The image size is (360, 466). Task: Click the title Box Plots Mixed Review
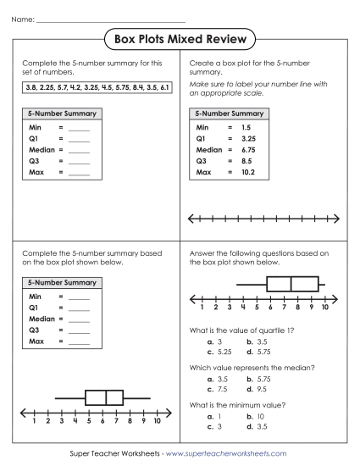(180, 39)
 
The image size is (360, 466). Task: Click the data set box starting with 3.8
(94, 87)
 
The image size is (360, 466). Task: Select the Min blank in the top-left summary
(79, 126)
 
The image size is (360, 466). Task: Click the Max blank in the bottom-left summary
(79, 341)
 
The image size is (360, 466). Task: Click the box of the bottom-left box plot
(108, 397)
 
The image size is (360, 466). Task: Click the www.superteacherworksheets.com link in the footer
(226, 454)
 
